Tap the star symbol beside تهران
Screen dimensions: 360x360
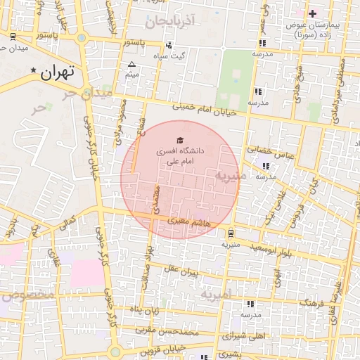[x=33, y=71]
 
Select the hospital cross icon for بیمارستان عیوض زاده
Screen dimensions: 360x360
[x=313, y=13]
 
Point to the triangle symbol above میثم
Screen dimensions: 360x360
[x=131, y=64]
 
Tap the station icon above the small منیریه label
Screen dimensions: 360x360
[x=231, y=233]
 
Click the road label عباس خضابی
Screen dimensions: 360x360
[x=267, y=150]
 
